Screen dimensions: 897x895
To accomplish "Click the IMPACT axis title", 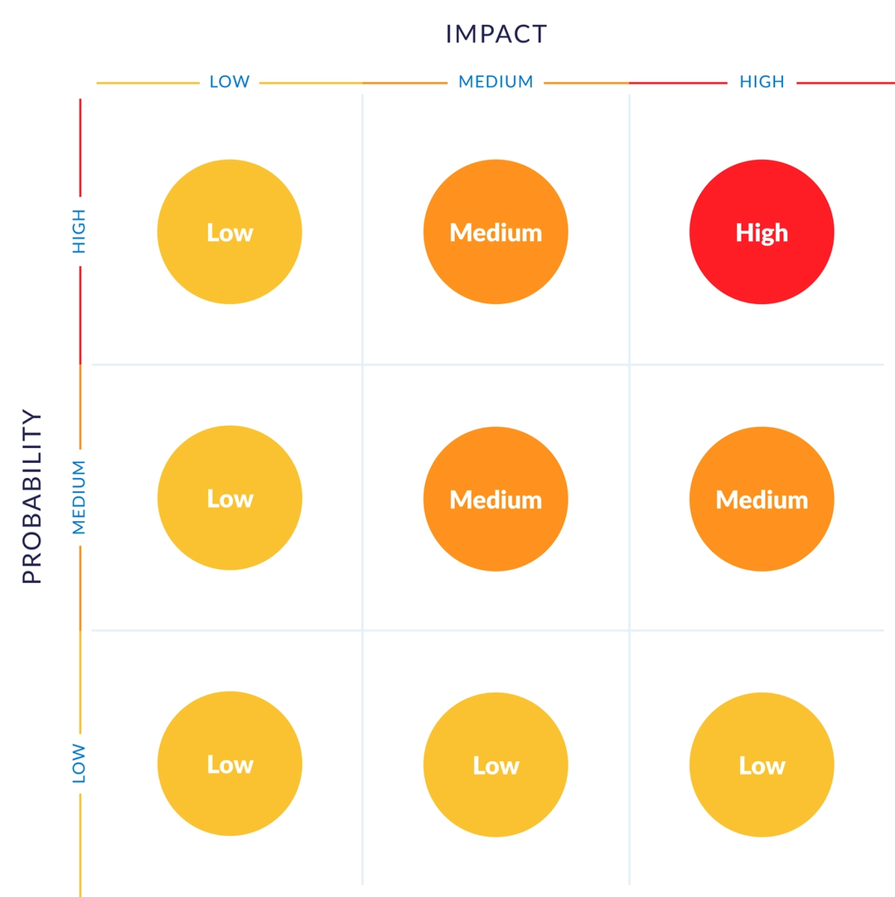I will pyautogui.click(x=496, y=33).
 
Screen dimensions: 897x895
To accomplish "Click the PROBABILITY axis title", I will pyautogui.click(x=31, y=497).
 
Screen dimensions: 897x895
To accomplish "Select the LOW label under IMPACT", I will pyautogui.click(x=230, y=82).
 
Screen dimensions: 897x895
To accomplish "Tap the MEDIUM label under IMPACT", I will pyautogui.click(x=496, y=82).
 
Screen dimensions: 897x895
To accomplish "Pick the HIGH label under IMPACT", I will pyautogui.click(x=762, y=82).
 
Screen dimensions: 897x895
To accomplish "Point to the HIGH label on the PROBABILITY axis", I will pyautogui.click(x=80, y=231).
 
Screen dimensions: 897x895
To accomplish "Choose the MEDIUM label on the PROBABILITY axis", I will pyautogui.click(x=80, y=497).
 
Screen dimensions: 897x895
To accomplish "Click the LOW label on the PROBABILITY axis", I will pyautogui.click(x=80, y=763).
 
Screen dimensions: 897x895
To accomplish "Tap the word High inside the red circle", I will pyautogui.click(x=762, y=233).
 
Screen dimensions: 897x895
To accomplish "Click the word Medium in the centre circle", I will pyautogui.click(x=496, y=499).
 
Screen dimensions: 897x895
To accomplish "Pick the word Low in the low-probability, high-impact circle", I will pyautogui.click(x=762, y=766).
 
